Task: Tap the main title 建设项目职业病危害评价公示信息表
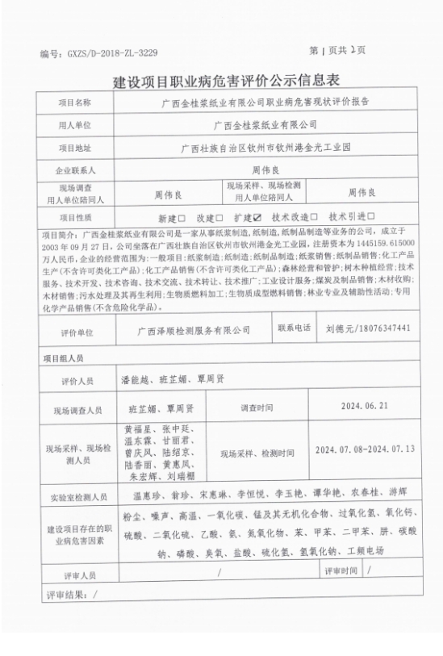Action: tap(221, 81)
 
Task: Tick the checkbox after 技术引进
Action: tap(370, 218)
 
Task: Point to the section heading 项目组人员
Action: tap(63, 357)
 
